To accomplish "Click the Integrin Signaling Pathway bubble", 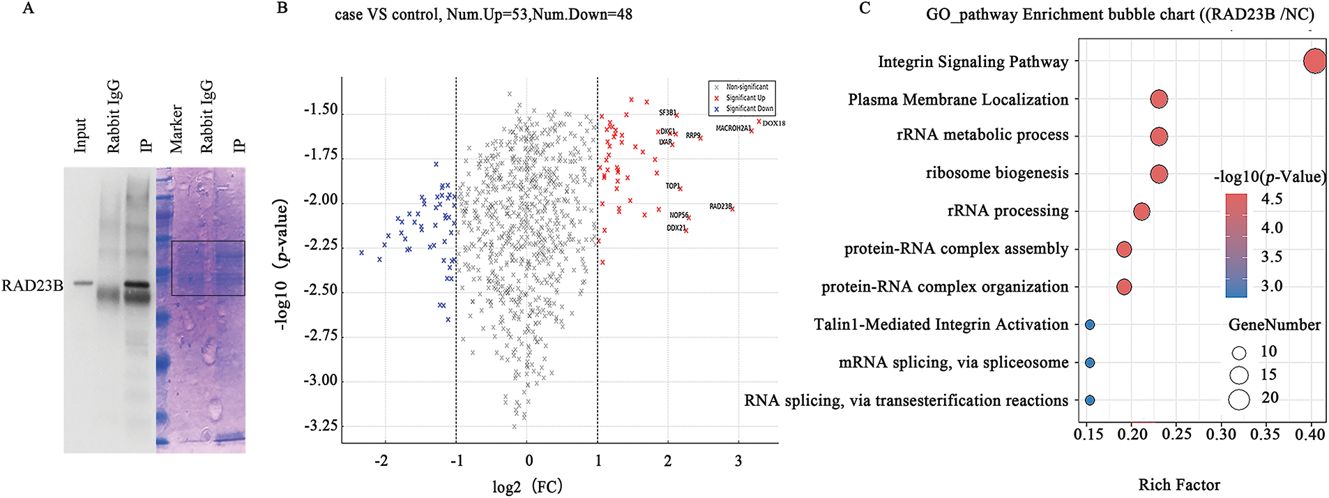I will pos(1314,61).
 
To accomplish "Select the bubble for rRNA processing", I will pos(1141,211).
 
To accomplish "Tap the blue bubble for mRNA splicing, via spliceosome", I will pos(1090,363).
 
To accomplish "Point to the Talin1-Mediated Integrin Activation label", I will pos(941,325).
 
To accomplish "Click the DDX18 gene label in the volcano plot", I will pos(773,123).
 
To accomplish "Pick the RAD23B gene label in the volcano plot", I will pos(720,206).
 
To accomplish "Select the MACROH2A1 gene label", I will pos(733,128).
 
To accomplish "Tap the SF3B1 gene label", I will pos(667,112).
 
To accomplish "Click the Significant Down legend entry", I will pos(749,109).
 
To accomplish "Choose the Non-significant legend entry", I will pos(747,87).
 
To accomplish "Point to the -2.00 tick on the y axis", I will pos(320,200).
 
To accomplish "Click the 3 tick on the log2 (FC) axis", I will pos(738,461).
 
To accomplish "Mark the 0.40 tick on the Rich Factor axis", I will pos(1310,435).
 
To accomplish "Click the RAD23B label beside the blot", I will pos(32,285).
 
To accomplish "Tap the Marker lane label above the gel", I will pos(176,129).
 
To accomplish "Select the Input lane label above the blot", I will pos(81,135).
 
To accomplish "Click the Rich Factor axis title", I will pos(1179,485).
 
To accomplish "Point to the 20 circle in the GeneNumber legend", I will pos(1239,400).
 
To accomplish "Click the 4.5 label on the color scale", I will pos(1272,199).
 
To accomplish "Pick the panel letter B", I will pos(282,8).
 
